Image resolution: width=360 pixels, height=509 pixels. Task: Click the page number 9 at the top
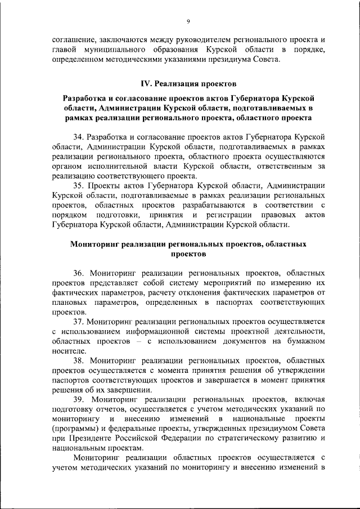pyautogui.click(x=189, y=21)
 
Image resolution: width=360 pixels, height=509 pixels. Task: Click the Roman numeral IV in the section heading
pyautogui.click(x=144, y=83)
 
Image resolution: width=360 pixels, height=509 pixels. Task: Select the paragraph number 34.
pyautogui.click(x=78, y=137)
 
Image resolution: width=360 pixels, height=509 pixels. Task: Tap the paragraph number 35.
pyautogui.click(x=78, y=186)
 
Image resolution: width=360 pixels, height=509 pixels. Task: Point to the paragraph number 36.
pyautogui.click(x=78, y=273)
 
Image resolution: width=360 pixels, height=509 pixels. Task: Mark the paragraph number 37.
pyautogui.click(x=78, y=321)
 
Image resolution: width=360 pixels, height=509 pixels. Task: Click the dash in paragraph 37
pyautogui.click(x=150, y=341)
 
